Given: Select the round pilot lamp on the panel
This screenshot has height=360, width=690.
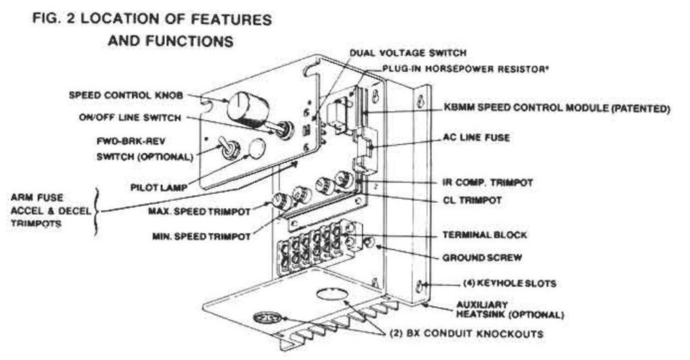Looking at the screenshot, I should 256,149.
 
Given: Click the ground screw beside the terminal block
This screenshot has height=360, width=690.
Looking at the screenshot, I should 370,243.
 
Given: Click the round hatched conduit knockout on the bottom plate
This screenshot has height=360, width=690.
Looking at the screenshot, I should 267,319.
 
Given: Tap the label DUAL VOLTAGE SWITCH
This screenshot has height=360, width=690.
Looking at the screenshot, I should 408,52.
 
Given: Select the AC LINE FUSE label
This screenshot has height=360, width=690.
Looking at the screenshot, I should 476,138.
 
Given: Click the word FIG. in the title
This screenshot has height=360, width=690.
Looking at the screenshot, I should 49,19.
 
